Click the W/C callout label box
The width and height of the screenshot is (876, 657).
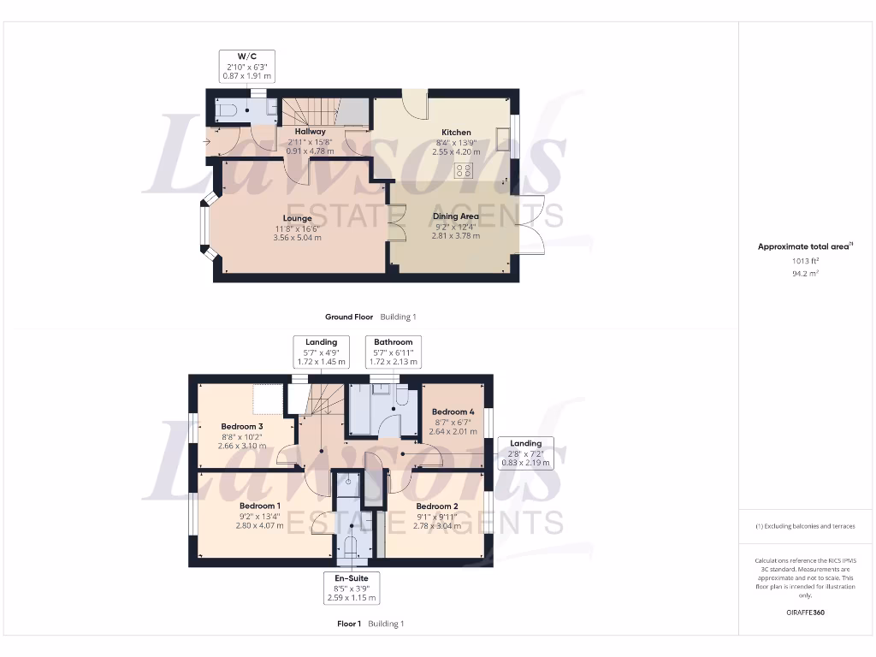coord(246,67)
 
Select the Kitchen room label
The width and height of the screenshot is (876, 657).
coord(456,133)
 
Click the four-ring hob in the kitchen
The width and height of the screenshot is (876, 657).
coord(465,169)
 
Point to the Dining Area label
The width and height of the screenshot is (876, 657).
coord(456,216)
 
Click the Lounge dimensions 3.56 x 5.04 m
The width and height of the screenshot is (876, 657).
coord(297,238)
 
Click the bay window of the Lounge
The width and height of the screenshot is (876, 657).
coord(205,229)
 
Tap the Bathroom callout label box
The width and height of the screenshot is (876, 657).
coord(394,352)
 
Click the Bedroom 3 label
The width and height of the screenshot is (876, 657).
coord(242,427)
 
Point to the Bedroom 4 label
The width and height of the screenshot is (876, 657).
coord(453,411)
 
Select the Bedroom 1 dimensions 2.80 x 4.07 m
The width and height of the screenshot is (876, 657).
coord(259,526)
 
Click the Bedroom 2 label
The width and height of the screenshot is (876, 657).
coord(436,506)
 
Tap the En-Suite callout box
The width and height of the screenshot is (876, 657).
coord(351,589)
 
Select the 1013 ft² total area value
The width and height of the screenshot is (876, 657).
coord(804,261)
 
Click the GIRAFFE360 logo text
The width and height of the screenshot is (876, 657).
coord(804,613)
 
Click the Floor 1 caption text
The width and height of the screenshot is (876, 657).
coord(349,624)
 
